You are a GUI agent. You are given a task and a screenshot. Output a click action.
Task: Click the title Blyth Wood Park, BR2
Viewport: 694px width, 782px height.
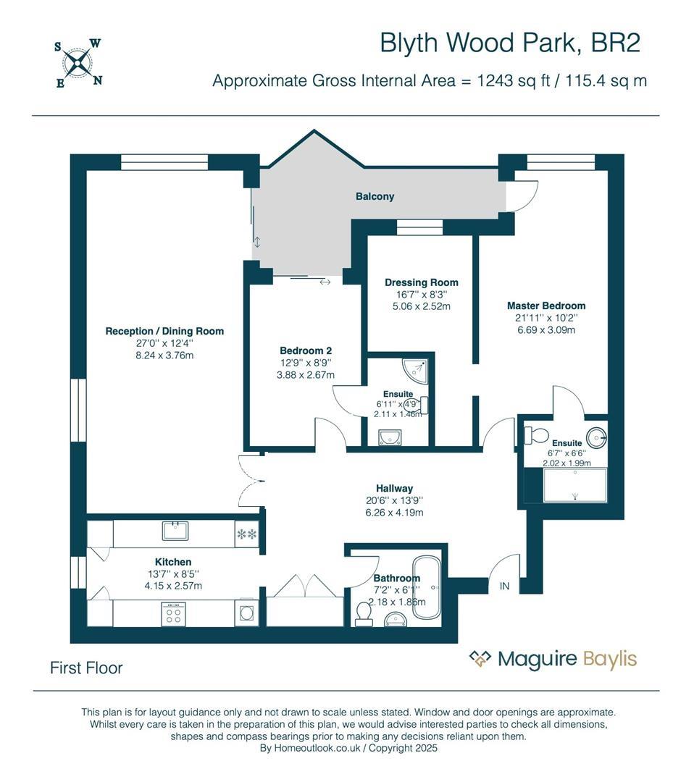(510, 43)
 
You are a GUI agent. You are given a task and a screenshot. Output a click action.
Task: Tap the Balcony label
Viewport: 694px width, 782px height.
(375, 196)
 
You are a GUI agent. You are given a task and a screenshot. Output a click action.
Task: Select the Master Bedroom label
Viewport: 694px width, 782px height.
(545, 306)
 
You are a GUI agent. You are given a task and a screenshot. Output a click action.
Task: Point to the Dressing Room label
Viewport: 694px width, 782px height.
(421, 282)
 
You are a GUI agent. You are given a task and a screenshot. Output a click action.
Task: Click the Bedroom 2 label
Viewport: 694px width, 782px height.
(305, 350)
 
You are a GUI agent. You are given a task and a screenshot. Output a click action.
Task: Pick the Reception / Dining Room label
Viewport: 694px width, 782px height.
(164, 331)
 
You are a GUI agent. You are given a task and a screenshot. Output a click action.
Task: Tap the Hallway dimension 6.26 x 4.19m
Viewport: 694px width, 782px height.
(394, 513)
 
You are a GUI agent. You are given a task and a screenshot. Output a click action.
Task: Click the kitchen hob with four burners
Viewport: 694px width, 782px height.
(174, 615)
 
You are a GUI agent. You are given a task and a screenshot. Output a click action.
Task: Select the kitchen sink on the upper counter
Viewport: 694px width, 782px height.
(176, 531)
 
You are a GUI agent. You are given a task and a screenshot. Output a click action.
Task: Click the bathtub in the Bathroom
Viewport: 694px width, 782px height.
(425, 586)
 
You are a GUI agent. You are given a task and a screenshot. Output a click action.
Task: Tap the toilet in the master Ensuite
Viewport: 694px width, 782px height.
(537, 435)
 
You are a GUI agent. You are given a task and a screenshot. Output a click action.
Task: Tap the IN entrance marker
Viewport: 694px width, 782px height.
(504, 586)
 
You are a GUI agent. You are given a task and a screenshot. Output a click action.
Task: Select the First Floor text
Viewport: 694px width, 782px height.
(86, 668)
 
